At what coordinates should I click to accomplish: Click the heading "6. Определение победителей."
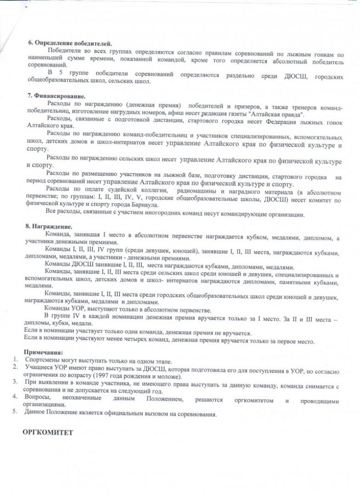[70, 44]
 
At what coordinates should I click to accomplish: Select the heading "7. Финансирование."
[56, 96]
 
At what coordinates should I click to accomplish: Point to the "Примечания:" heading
[43, 351]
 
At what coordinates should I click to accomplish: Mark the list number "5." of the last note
[15, 414]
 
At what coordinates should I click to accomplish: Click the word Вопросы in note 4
[38, 399]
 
